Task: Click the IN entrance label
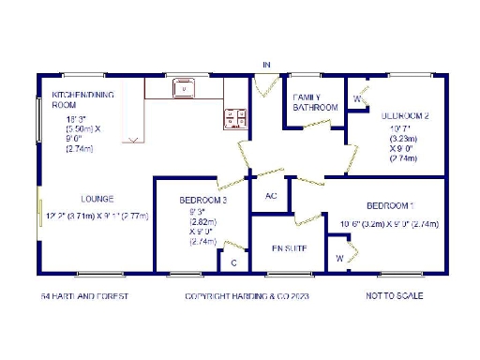[266, 65]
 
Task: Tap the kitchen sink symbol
[184, 90]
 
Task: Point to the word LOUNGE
[97, 199]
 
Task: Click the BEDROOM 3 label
[202, 201]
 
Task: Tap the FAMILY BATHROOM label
[315, 102]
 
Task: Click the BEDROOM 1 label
[390, 205]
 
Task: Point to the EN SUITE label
[290, 248]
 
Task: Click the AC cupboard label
[271, 196]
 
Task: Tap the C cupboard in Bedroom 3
[233, 263]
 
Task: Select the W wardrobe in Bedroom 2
[358, 97]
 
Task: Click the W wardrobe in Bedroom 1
[339, 258]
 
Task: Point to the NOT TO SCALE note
[395, 296]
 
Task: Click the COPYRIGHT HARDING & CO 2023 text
[247, 296]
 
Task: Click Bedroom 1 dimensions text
[389, 224]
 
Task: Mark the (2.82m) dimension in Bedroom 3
[197, 222]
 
